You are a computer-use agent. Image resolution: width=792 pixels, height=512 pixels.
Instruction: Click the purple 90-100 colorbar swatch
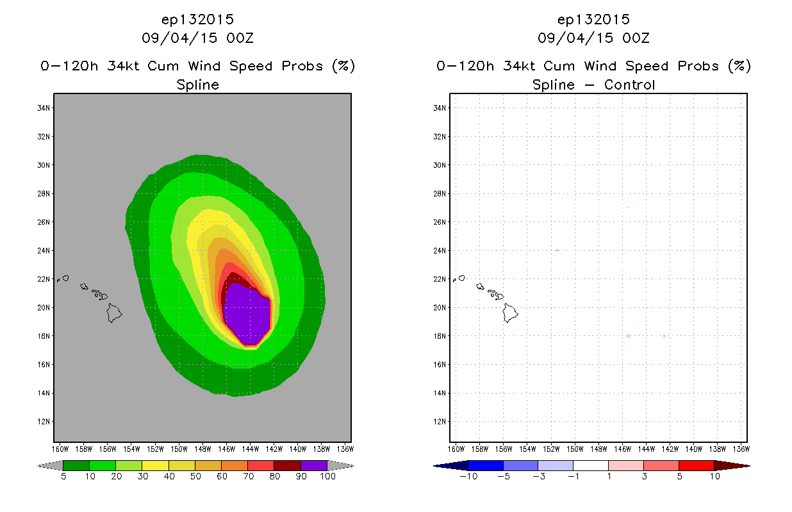tap(314, 465)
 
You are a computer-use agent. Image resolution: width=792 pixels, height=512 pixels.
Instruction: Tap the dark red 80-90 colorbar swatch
tap(288, 465)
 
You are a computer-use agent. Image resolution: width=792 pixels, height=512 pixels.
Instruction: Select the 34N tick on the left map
tap(44, 108)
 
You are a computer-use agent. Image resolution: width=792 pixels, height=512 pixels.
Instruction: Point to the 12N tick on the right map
tap(440, 422)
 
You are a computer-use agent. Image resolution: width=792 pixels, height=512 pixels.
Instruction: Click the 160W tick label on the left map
tap(60, 449)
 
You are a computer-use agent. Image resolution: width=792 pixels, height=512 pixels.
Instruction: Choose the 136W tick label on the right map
tap(741, 449)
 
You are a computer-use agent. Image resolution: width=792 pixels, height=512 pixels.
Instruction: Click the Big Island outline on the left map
tap(114, 313)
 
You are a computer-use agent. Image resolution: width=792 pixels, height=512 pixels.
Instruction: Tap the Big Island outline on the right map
tap(510, 313)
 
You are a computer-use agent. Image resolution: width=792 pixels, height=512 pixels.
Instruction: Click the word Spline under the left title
tap(197, 85)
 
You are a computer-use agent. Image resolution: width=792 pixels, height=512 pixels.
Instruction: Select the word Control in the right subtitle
tap(629, 85)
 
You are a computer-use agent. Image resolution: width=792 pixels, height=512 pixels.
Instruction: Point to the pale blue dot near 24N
tap(557, 250)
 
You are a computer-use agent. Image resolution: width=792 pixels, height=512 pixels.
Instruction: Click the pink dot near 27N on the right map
tap(629, 207)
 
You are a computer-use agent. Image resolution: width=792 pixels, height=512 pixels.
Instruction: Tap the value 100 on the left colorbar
tap(327, 476)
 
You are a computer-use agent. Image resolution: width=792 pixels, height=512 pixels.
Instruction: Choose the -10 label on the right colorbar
tap(468, 476)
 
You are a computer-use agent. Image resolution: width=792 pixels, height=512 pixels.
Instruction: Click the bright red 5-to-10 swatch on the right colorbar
tap(697, 465)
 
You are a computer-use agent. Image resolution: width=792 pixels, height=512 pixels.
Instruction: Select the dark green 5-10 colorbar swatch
tap(76, 465)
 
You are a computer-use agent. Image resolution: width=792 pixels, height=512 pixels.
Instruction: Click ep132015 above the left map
tap(197, 20)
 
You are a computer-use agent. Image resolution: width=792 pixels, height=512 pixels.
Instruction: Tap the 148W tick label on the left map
tap(202, 449)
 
